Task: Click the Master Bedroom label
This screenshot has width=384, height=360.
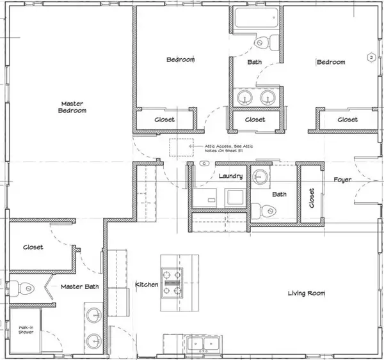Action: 73,106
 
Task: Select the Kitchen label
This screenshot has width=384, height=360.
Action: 146,283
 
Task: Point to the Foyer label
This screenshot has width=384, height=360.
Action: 342,180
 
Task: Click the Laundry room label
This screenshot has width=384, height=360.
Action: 230,176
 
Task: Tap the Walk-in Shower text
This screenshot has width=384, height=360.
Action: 25,330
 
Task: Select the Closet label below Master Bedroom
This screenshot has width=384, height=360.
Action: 33,247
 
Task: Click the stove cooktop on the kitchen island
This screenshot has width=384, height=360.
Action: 172,281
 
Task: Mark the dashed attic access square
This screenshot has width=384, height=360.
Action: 181,147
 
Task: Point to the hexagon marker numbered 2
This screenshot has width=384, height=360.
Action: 370,58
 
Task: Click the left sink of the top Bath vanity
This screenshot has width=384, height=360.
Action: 244,98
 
